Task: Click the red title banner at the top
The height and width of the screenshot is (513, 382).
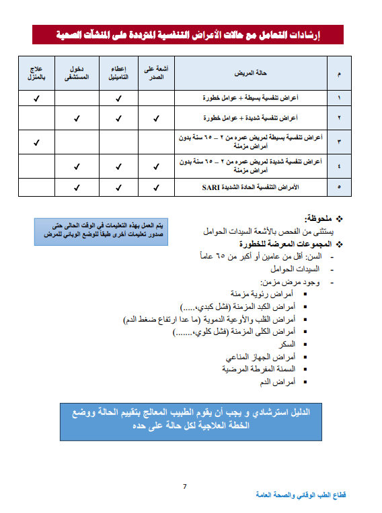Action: [x=188, y=35]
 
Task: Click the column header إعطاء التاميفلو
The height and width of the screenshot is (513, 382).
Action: [x=118, y=73]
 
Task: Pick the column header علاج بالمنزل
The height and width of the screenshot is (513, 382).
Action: [x=36, y=73]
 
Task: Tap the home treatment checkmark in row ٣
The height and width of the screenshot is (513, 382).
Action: [x=36, y=142]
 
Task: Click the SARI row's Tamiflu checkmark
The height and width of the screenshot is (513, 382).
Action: [x=118, y=187]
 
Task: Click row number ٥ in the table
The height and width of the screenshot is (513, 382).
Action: [x=338, y=187]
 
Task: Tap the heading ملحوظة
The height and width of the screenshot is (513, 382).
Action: [x=317, y=219]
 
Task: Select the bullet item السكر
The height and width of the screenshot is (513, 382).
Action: [x=286, y=344]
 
